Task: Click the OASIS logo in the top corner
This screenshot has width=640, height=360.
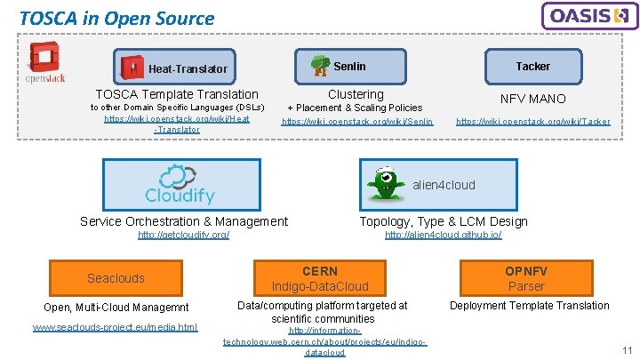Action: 589,16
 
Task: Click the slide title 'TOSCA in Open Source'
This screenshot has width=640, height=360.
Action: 116,18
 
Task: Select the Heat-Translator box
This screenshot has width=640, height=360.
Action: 177,68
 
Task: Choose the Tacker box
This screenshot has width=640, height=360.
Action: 532,66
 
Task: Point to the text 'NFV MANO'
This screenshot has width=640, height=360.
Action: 532,99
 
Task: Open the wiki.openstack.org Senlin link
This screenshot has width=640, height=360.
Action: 357,121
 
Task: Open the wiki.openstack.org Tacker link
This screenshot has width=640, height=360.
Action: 532,121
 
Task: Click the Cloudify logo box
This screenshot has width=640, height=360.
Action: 181,185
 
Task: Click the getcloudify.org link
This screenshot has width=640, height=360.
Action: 183,235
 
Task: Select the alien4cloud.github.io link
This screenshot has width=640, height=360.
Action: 443,235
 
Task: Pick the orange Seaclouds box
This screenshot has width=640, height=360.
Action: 116,278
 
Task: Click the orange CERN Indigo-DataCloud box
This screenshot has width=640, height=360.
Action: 320,278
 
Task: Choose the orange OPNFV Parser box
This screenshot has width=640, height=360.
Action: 526,278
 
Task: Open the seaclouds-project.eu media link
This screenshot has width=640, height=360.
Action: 115,327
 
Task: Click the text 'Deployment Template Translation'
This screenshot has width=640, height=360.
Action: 529,306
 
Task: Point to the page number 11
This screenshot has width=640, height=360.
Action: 627,350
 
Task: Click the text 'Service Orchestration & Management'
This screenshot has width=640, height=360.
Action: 184,221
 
